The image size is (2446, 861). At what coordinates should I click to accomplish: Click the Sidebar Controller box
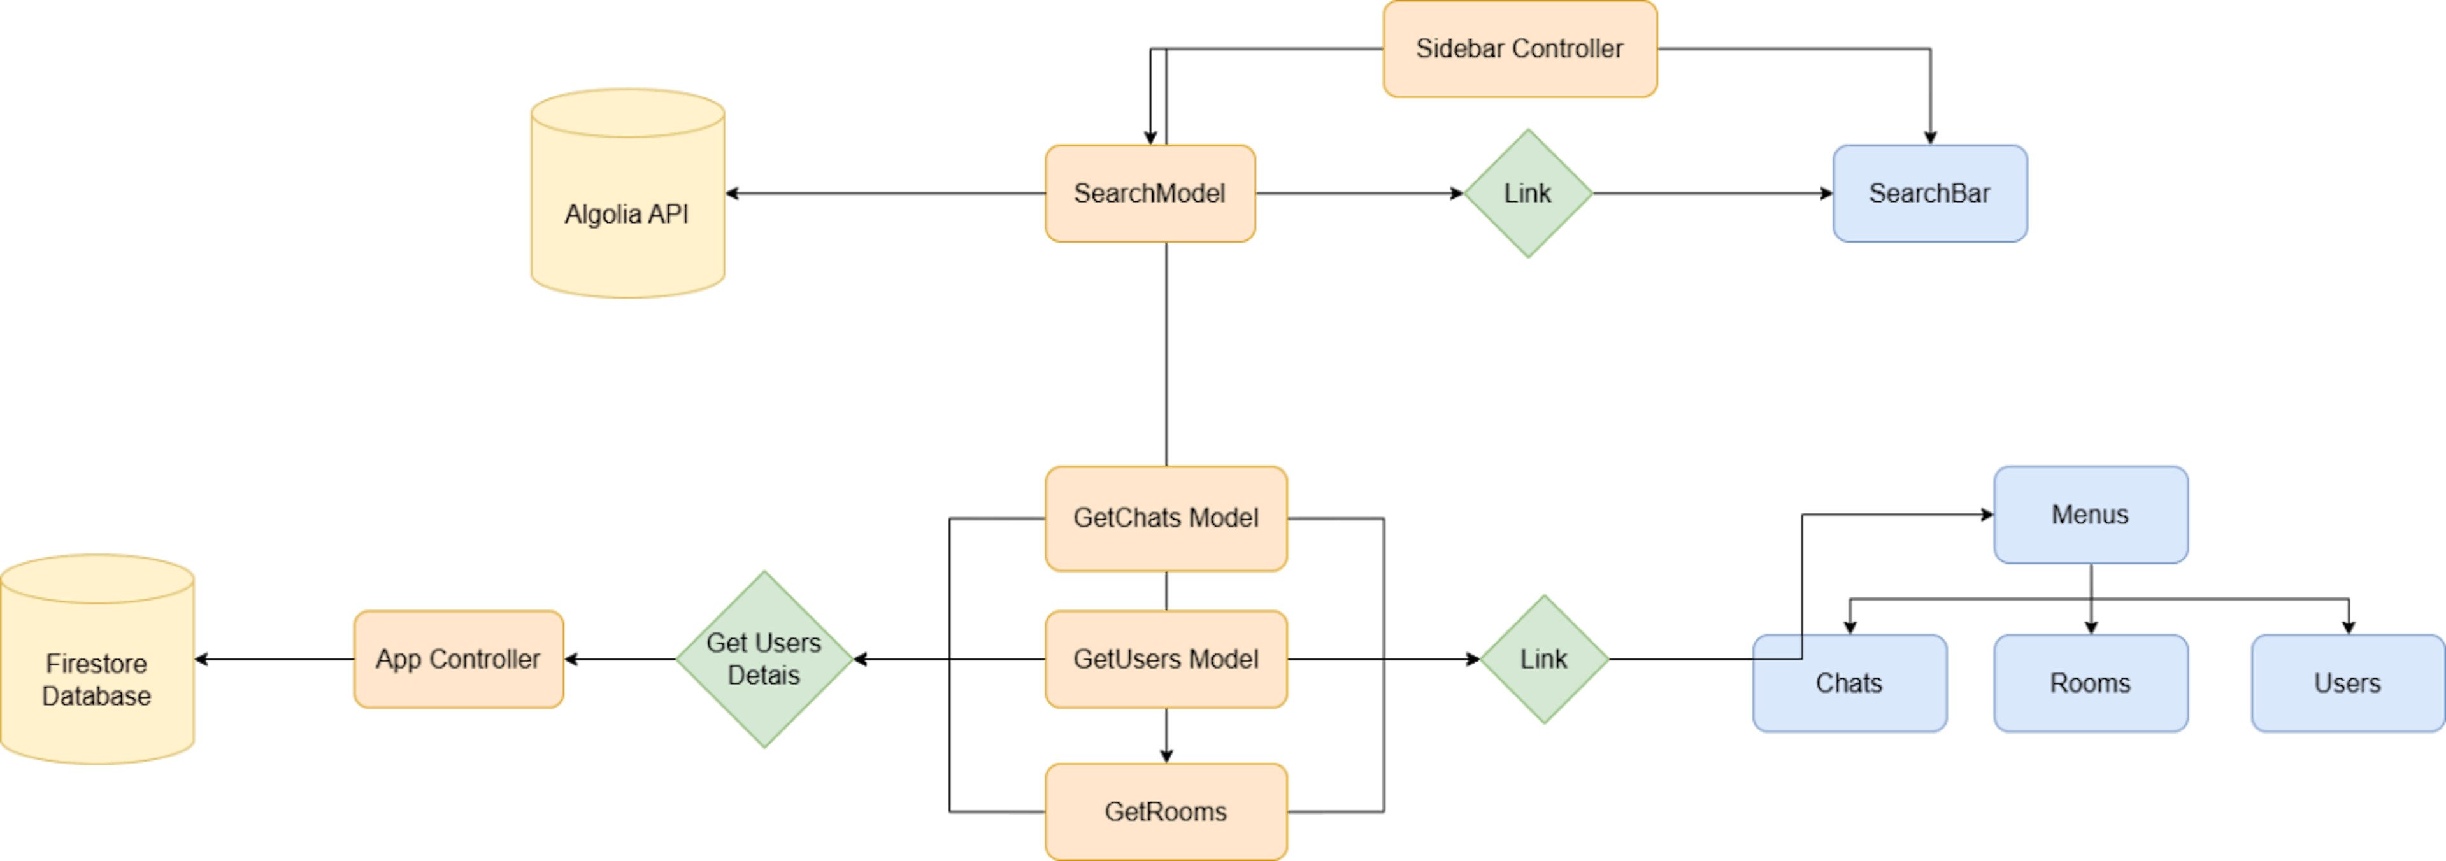tap(1519, 48)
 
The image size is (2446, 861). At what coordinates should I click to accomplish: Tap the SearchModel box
tap(1149, 193)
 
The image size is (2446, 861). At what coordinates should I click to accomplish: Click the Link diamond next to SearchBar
tap(1527, 193)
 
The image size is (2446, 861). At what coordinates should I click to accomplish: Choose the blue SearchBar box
tap(1929, 193)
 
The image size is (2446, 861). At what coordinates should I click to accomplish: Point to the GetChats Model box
tap(1166, 517)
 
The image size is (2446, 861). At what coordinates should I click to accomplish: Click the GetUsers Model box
tap(1166, 658)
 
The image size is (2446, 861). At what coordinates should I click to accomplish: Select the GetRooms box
tap(1166, 811)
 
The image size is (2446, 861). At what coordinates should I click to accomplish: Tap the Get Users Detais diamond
tap(764, 658)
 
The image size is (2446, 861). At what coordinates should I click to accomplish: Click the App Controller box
tap(458, 658)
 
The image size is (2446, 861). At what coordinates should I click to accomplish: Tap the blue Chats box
tap(1849, 683)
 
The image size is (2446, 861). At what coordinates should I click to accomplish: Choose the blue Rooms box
tap(2090, 683)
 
